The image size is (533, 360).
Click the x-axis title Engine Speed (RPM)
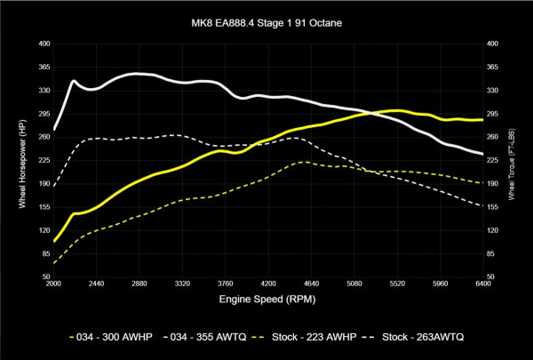(267, 300)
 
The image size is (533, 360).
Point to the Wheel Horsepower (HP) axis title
(21, 160)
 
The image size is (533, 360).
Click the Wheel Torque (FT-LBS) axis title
(513, 160)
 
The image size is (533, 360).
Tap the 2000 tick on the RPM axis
(54, 285)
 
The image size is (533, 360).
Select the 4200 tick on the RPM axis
(269, 285)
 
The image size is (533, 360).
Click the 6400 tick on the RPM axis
(483, 285)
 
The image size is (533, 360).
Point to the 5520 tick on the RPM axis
(397, 285)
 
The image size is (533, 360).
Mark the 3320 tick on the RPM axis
(183, 285)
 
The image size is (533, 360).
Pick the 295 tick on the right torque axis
(493, 113)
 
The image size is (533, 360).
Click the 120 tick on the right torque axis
(493, 230)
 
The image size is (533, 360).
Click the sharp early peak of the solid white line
(74, 81)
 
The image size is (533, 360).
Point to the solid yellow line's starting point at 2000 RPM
(55, 241)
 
